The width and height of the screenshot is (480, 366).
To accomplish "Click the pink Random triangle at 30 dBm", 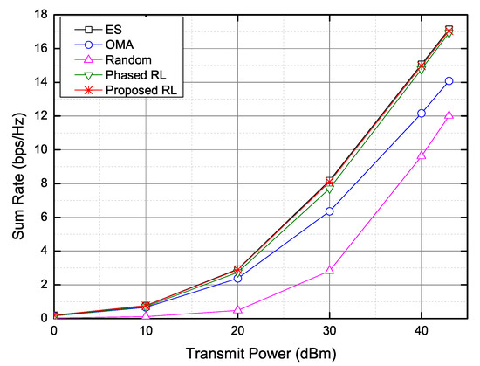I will (x=329, y=271).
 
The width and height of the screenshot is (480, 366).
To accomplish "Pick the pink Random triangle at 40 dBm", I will (x=422, y=155).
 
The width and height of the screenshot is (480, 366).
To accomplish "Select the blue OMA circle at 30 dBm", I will (x=329, y=211).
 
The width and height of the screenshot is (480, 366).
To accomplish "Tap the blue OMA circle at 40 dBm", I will (x=422, y=114).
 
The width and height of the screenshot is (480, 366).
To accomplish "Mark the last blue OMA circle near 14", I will (x=449, y=81).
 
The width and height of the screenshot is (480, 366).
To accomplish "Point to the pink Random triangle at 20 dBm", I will (x=237, y=310).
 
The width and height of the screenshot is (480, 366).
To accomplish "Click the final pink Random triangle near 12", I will (x=449, y=115).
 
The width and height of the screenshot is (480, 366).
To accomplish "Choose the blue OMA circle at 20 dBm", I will (x=237, y=278).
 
